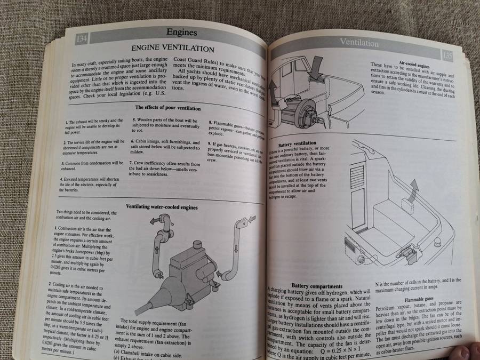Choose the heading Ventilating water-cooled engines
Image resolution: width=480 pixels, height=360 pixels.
162,206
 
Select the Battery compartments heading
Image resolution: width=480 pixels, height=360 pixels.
317,286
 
